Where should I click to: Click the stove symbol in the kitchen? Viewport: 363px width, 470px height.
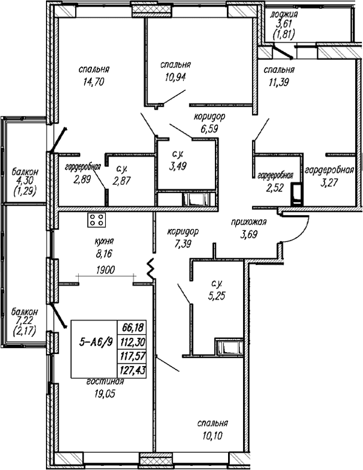point(96,219)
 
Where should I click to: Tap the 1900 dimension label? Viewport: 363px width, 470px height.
point(106,270)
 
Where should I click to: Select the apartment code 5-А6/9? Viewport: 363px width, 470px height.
point(96,342)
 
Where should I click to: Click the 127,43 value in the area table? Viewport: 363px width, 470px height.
point(133,371)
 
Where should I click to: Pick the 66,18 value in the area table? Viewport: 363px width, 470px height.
point(133,327)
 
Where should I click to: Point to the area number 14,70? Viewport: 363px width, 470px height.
point(94,81)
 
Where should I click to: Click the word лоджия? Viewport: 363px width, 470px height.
point(284,14)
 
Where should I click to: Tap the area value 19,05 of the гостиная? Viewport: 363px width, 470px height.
point(104,393)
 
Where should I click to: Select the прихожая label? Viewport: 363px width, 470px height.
point(249,222)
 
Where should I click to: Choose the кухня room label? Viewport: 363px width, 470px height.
point(104,241)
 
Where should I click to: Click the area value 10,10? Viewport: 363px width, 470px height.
point(212,435)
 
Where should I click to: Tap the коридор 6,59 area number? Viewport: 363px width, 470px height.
point(209,129)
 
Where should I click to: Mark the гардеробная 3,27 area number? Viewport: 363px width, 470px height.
point(329,182)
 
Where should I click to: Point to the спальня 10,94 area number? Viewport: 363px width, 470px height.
point(176,77)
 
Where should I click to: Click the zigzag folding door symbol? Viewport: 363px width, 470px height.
point(150,268)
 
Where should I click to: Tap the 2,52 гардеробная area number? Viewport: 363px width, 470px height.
point(275,188)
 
